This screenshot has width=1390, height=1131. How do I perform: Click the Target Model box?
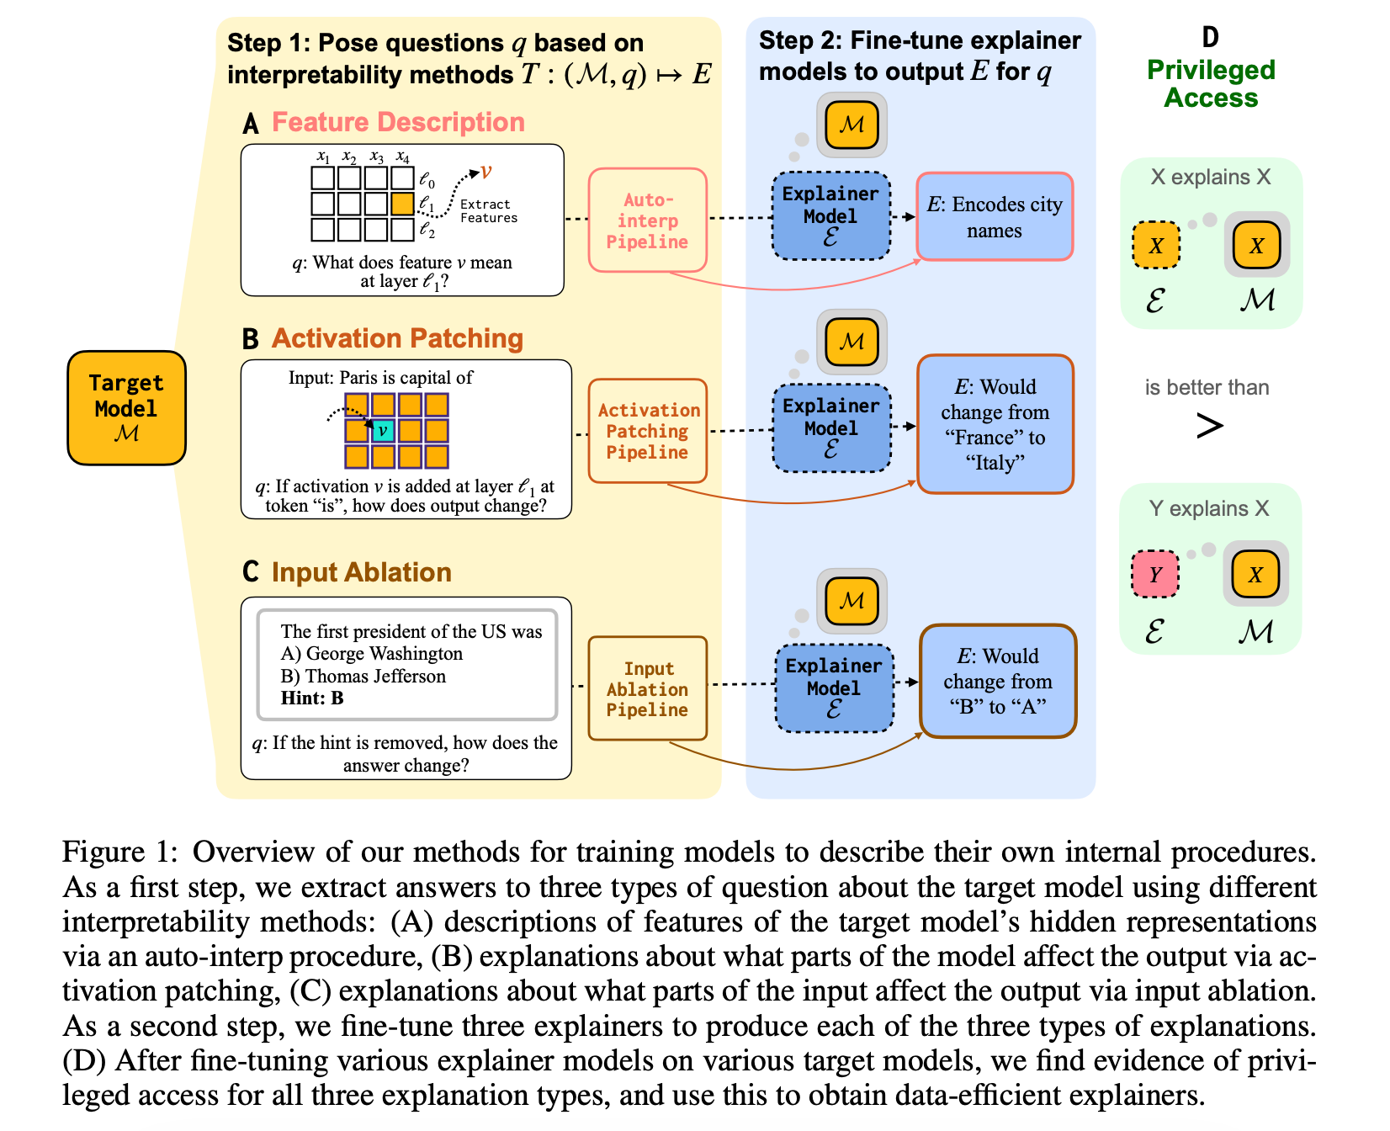[126, 408]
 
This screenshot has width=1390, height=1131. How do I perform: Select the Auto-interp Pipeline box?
[647, 220]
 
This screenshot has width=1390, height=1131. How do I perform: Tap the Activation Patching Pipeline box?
[647, 431]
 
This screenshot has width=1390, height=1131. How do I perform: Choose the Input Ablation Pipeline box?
[647, 688]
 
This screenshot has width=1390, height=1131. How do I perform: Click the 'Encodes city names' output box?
[994, 217]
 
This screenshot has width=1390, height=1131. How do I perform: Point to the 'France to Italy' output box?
[995, 424]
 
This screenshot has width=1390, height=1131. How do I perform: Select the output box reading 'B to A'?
[997, 681]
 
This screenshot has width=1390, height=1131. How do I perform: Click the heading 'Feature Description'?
[398, 123]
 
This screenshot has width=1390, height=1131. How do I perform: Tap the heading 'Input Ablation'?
[361, 572]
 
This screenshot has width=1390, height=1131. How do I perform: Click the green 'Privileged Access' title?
[1211, 83]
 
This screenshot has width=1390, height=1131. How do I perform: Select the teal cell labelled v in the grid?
[383, 431]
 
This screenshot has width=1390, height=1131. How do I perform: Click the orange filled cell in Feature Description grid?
[402, 204]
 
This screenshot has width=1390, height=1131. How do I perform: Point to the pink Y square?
[1155, 574]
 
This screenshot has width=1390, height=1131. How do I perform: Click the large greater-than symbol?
[1209, 426]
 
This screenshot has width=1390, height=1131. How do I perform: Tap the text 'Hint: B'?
[312, 698]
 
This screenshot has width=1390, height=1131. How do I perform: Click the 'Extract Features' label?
[488, 211]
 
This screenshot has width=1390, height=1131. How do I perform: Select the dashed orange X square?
[1156, 245]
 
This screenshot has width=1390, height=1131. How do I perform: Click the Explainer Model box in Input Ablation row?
[833, 688]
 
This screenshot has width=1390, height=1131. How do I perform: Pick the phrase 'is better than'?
[1207, 388]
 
